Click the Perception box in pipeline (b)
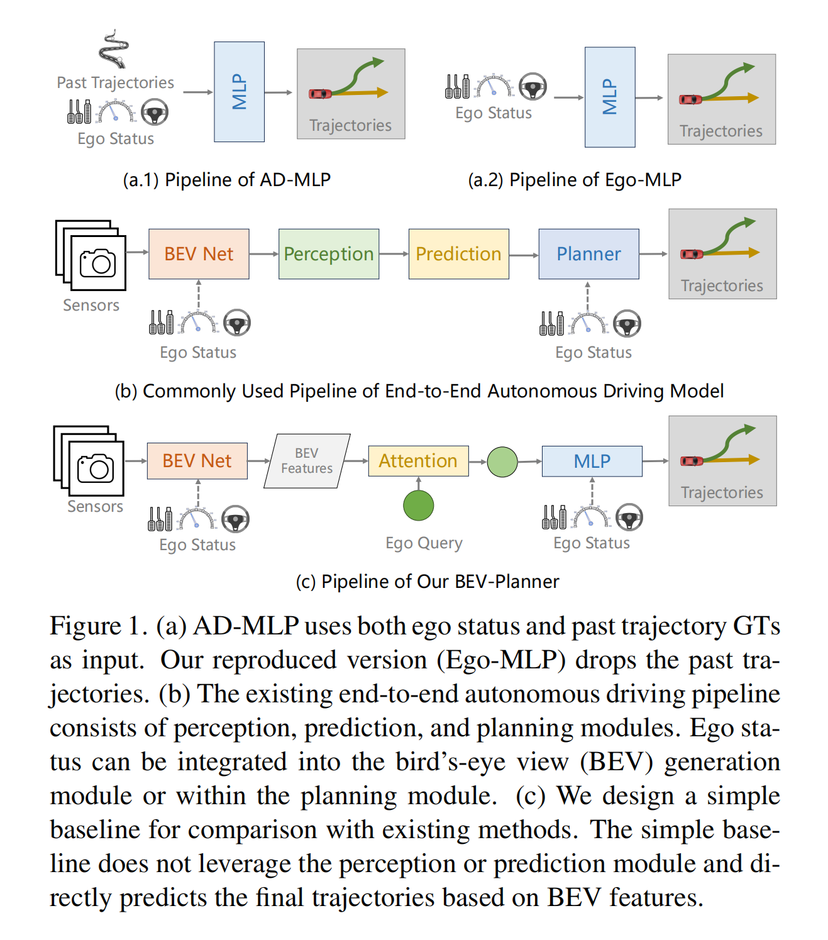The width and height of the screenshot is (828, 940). pyautogui.click(x=329, y=254)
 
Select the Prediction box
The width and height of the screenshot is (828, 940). pyautogui.click(x=458, y=254)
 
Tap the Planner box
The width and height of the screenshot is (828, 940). pyautogui.click(x=588, y=254)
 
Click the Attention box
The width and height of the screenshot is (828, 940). pyautogui.click(x=418, y=461)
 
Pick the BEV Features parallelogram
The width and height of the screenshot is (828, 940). pyautogui.click(x=307, y=461)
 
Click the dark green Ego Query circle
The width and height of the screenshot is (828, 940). pyautogui.click(x=419, y=506)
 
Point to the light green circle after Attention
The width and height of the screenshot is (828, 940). pyautogui.click(x=502, y=462)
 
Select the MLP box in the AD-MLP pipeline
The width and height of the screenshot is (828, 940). pyautogui.click(x=239, y=92)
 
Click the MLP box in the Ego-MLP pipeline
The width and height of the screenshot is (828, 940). pyautogui.click(x=610, y=97)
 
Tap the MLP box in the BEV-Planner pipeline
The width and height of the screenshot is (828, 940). pyautogui.click(x=592, y=461)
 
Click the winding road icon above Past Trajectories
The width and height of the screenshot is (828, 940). pyautogui.click(x=114, y=48)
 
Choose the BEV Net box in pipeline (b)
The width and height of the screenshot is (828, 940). pyautogui.click(x=199, y=254)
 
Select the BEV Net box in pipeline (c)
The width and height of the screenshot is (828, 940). pyautogui.click(x=197, y=461)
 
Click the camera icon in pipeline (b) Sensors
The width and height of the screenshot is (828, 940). pyautogui.click(x=98, y=263)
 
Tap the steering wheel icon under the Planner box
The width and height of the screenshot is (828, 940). pyautogui.click(x=627, y=324)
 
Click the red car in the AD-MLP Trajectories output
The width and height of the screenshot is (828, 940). pyautogui.click(x=320, y=94)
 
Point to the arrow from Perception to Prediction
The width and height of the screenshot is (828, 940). pyautogui.click(x=394, y=254)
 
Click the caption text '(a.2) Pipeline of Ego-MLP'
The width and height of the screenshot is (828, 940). pyautogui.click(x=575, y=180)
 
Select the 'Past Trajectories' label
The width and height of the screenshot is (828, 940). pyautogui.click(x=115, y=82)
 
